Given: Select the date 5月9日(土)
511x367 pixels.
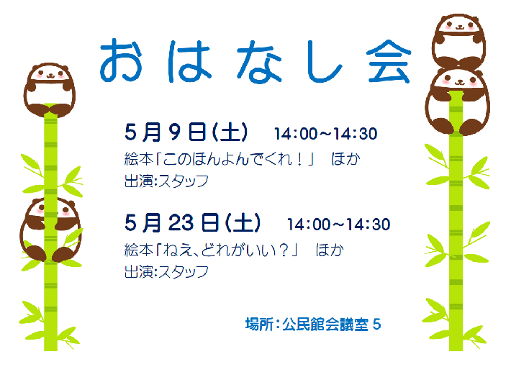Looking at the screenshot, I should click(x=186, y=133).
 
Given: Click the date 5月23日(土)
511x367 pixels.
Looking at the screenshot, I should click(x=192, y=224).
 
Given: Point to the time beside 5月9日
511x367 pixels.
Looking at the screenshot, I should click(x=325, y=134).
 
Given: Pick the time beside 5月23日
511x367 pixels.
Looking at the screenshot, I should click(x=338, y=225).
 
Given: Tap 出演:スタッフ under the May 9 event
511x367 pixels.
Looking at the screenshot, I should click(x=166, y=181).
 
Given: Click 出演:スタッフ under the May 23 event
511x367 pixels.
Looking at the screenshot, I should click(x=166, y=271).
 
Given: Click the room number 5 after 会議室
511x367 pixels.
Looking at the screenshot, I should click(x=376, y=325).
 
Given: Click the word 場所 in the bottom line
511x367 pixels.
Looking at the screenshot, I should click(x=258, y=325).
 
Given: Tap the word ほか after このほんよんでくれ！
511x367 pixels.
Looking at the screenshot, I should click(x=345, y=158).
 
